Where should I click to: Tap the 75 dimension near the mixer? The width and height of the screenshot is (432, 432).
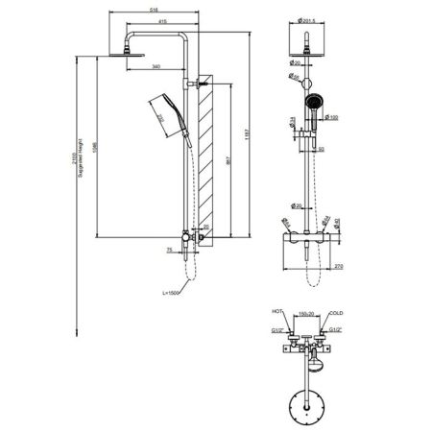click(x=169, y=249)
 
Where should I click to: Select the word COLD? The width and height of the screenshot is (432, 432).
click(x=335, y=312)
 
